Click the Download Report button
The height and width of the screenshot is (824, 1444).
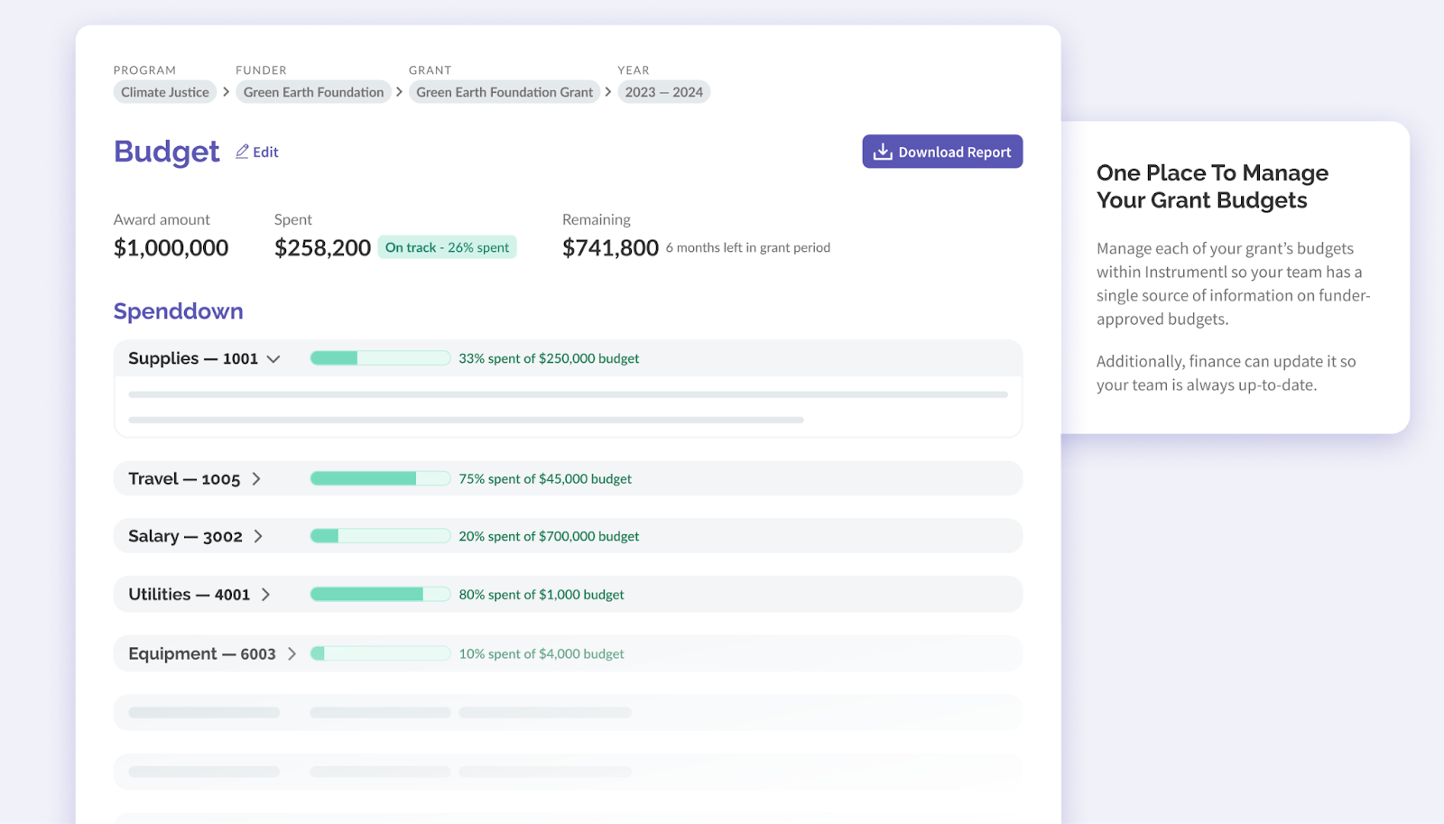click(x=942, y=152)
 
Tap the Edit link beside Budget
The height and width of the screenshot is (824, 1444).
click(x=257, y=152)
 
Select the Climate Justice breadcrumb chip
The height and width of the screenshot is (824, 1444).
click(x=165, y=92)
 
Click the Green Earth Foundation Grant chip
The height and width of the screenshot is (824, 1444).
click(x=504, y=92)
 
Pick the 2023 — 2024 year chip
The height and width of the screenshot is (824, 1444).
click(x=663, y=92)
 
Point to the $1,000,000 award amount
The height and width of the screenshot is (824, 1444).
click(x=171, y=248)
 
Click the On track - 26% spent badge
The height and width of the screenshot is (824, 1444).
click(x=447, y=247)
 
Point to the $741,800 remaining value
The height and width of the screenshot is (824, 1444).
click(x=610, y=248)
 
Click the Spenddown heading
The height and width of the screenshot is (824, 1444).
click(x=179, y=311)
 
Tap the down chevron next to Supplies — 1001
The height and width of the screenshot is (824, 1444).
click(x=273, y=359)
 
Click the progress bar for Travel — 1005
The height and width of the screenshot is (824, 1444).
click(x=380, y=478)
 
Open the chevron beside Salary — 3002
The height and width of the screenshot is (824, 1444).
click(x=258, y=536)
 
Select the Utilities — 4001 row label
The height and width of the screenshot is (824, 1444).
click(x=189, y=595)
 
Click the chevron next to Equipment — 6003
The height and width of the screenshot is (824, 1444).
click(x=292, y=653)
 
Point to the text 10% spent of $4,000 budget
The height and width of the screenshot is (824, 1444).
click(x=541, y=653)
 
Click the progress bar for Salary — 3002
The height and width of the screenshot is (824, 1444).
click(x=380, y=536)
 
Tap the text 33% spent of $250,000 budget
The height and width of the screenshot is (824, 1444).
click(x=549, y=358)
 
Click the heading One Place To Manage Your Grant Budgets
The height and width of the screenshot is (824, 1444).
click(x=1212, y=186)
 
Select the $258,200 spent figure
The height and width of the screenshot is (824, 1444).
click(x=322, y=248)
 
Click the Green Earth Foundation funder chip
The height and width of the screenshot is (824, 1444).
click(x=313, y=92)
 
